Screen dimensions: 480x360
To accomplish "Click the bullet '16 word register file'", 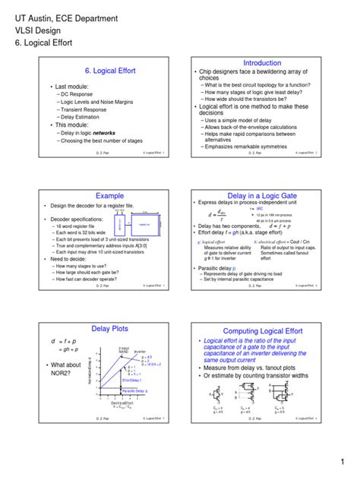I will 75,226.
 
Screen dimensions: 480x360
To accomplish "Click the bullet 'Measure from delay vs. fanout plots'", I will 250,368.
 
